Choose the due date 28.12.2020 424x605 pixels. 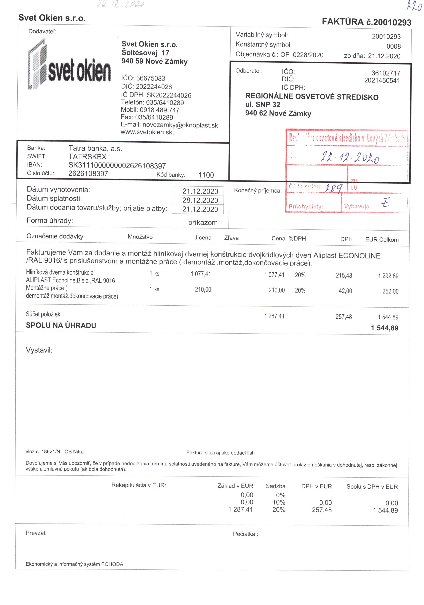point(200,200)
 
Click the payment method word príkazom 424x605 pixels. point(203,223)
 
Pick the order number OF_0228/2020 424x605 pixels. point(301,55)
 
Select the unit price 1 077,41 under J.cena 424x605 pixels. point(201,274)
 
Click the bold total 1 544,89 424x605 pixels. point(384,328)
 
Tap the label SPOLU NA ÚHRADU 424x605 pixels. point(61,325)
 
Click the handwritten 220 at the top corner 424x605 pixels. point(414,6)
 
